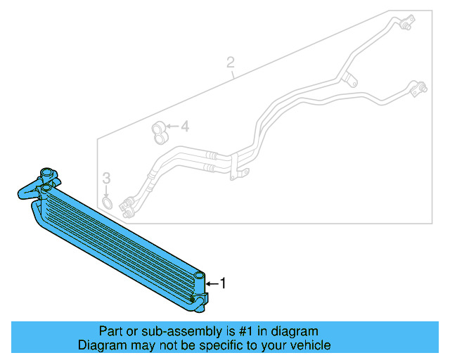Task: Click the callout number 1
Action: point(224,283)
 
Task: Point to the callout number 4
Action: point(185,127)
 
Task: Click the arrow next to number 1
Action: point(212,283)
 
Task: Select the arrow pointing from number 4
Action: point(173,127)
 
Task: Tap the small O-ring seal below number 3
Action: point(107,203)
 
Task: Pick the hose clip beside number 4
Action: point(158,131)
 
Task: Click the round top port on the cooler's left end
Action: point(47,173)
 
